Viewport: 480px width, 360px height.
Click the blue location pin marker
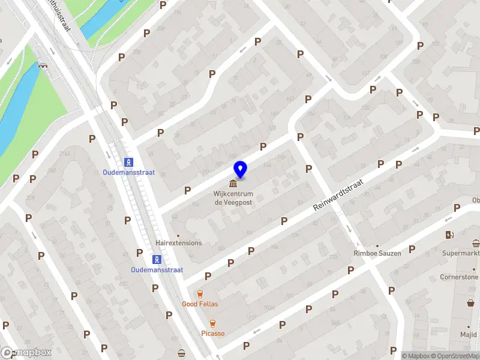coord(240,170)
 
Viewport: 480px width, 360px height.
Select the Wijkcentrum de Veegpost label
coord(233,199)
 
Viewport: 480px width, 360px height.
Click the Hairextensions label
coord(178,243)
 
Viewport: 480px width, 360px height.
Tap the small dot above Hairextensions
coord(178,235)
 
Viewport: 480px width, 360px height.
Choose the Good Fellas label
coord(200,304)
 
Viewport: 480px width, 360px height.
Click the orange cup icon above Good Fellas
coord(200,294)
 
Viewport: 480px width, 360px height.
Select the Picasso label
coord(212,334)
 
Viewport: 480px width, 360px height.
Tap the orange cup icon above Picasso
coord(212,323)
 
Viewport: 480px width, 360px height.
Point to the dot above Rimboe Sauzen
coord(377,245)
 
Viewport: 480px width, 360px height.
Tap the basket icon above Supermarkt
coord(476,243)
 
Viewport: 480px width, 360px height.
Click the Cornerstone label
coord(459,277)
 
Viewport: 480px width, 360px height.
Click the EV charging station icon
coord(448,235)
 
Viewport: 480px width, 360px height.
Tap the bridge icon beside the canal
coord(43,65)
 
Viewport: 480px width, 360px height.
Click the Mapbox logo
coord(26,352)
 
